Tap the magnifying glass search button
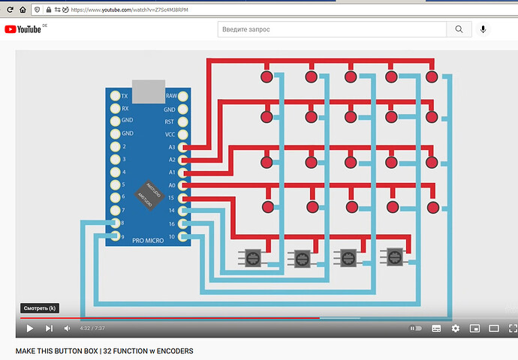pyautogui.click(x=458, y=29)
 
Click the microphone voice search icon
pyautogui.click(x=483, y=29)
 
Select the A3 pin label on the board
pyautogui.click(x=171, y=147)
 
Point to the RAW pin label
pyautogui.click(x=170, y=96)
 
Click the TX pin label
pyautogui.click(x=125, y=96)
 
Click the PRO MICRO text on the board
pyautogui.click(x=148, y=240)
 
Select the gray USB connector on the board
pyautogui.click(x=148, y=91)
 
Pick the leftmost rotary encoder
pyautogui.click(x=252, y=257)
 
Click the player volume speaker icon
pyautogui.click(x=68, y=328)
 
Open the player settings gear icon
pyautogui.click(x=456, y=328)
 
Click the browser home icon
pyautogui.click(x=23, y=10)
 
